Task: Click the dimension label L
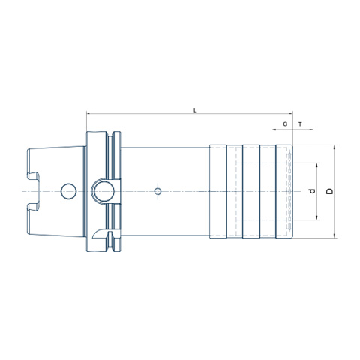[196, 110]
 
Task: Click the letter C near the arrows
[285, 124]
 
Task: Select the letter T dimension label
[300, 124]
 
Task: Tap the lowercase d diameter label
[312, 191]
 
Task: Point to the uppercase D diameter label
[330, 191]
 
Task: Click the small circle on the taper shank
[68, 191]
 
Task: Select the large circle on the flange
[105, 192]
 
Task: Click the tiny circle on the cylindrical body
[157, 192]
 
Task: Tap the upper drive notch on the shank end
[33, 176]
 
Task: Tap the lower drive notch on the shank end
[33, 207]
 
